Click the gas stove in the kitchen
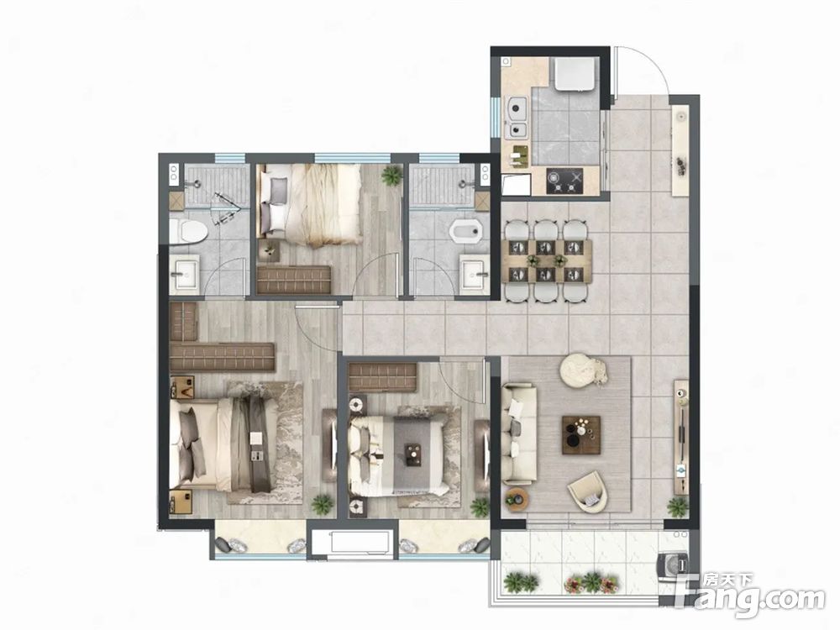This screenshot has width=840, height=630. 564,181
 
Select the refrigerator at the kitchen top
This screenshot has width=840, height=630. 575,75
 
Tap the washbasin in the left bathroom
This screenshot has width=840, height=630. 184,275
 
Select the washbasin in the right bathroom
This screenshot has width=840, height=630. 475,276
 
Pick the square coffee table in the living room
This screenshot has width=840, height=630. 580,435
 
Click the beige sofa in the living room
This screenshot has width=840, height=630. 518,433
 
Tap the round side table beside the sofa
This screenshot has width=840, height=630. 517,499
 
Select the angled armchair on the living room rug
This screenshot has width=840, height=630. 588,491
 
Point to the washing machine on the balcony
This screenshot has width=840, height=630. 674,565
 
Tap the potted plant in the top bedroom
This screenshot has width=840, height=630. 391,175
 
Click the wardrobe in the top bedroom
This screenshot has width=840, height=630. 293,280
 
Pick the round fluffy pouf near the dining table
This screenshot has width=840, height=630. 582,369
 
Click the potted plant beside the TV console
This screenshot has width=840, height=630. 677,507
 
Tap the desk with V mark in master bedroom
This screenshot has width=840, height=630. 181,386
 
